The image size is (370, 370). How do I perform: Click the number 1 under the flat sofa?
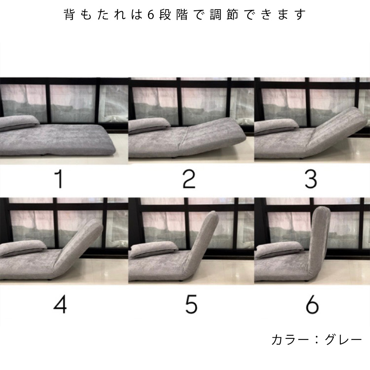coord(59,180)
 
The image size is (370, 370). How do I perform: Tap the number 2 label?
coord(189,180)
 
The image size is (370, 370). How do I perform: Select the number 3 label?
coord(310,179)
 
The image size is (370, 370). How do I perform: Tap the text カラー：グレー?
coord(317,340)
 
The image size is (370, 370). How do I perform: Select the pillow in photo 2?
coord(149,126)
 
